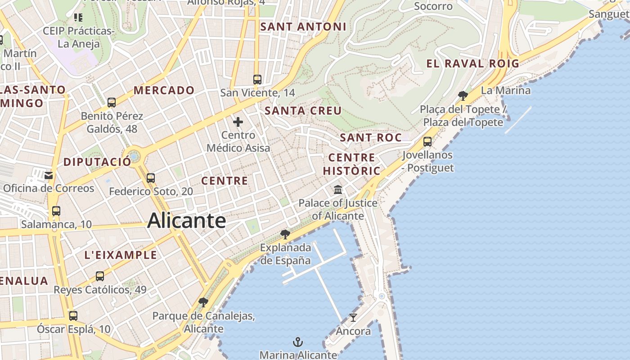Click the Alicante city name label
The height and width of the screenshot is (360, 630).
coord(186,220)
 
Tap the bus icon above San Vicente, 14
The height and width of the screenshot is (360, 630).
coord(257,80)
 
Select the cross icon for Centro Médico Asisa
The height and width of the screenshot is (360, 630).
coord(238,121)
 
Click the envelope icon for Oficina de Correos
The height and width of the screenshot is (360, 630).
coord(49,175)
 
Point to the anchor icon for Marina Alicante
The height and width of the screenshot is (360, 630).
coord(297,342)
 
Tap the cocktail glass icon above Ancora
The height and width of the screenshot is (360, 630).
coord(353,318)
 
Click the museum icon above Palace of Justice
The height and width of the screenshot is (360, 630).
coord(338,190)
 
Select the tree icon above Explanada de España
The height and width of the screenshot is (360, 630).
coord(285,234)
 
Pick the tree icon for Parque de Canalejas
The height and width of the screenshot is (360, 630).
coord(203,302)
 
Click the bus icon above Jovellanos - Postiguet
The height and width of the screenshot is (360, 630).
coord(427,142)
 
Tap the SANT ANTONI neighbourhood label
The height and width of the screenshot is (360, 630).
coord(303,27)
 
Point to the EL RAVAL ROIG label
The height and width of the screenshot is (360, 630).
coord(473,63)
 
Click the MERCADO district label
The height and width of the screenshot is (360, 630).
coord(164,90)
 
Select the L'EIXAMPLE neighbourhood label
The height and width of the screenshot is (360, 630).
coord(121,255)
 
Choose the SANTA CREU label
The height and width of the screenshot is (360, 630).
coord(303,111)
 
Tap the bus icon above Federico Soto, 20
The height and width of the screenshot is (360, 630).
coord(151,178)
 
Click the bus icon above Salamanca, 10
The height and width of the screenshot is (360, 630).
coord(56,211)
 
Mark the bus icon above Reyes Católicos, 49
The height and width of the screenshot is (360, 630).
coord(100,276)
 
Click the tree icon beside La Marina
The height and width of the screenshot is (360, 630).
coord(463,95)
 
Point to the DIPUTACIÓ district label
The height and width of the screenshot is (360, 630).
coord(97,162)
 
